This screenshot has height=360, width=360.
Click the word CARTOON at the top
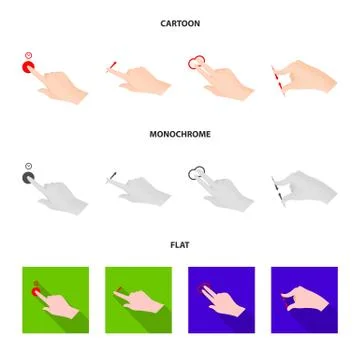click(x=180, y=23)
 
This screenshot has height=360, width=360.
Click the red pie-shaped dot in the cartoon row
click(x=29, y=68)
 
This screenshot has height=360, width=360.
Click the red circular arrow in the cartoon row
click(x=196, y=61)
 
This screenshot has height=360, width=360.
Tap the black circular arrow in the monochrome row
click(x=196, y=171)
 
